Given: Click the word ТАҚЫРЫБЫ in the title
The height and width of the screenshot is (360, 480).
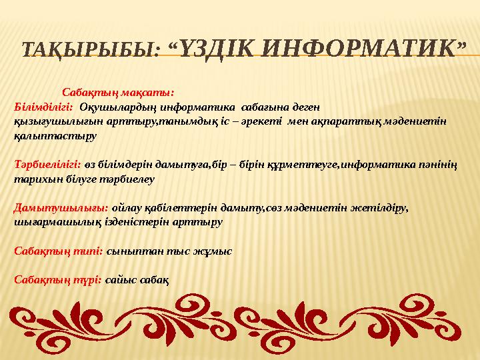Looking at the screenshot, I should click(x=90, y=49).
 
